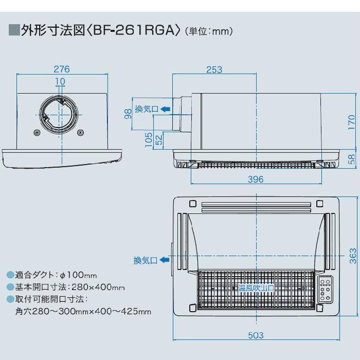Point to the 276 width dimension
pos(62,69)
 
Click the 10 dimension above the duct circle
pos(60,81)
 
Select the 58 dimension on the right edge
pos(351,159)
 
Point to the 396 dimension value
pos(255,179)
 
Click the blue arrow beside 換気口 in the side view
pos(165,109)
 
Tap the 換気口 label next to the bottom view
pos(145,261)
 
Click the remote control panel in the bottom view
pos(326,291)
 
